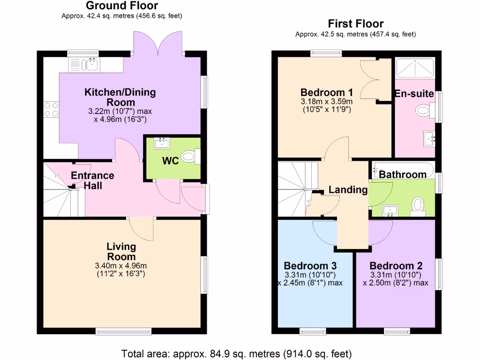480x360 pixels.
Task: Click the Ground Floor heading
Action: click(121, 6)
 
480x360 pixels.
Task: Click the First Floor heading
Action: click(355, 23)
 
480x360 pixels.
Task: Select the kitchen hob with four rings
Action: click(51, 109)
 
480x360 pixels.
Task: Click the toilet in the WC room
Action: click(190, 157)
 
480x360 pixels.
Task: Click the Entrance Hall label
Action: click(92, 180)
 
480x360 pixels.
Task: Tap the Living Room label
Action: click(121, 251)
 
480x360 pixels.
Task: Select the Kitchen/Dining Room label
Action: click(120, 97)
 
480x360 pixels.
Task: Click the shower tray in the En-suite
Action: click(415, 68)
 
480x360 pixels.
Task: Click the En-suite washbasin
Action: click(429, 139)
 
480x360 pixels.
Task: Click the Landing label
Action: click(348, 190)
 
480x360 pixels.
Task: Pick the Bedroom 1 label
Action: click(327, 92)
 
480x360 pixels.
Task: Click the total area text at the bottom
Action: click(236, 353)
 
